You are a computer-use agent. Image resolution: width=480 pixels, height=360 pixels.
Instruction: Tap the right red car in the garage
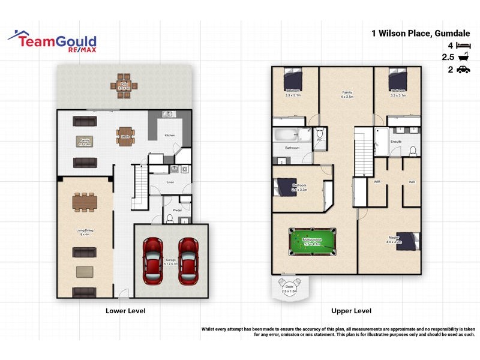[188, 260]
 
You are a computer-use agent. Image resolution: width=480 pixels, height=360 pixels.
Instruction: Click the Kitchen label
[170, 136]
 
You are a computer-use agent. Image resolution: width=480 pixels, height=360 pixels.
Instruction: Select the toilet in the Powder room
[170, 220]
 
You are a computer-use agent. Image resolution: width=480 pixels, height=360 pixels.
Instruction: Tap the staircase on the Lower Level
[139, 188]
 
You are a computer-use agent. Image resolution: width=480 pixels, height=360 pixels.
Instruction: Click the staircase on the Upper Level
[364, 152]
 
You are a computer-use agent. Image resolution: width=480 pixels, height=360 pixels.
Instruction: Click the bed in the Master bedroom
[409, 241]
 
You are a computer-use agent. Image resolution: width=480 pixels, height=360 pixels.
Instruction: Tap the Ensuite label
[395, 142]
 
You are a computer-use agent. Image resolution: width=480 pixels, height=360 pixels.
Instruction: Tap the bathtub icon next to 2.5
[463, 58]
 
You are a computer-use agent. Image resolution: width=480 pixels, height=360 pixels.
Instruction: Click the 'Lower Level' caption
[125, 311]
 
